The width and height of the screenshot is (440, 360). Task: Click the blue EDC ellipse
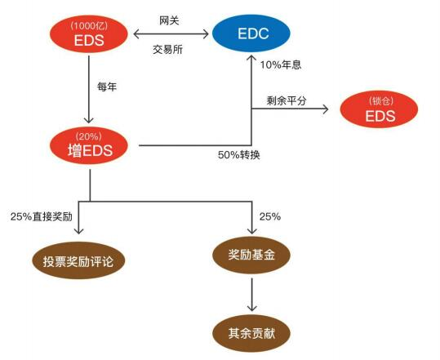point(251,33)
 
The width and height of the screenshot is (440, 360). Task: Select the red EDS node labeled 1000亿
point(89,34)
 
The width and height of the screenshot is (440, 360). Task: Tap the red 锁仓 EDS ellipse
point(379,109)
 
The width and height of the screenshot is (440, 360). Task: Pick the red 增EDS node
point(89,145)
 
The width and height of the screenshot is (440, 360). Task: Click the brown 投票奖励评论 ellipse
point(78,260)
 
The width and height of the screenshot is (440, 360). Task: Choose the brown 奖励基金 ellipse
point(251,255)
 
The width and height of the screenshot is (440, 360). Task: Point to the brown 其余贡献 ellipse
point(251,333)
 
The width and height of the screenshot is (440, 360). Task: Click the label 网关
point(169,20)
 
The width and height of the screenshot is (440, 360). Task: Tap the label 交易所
point(168,50)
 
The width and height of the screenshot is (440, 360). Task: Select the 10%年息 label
point(281,65)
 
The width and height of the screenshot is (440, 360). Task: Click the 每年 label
point(107,87)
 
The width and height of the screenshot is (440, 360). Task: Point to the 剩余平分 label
point(287,100)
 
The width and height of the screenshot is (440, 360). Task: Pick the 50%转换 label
point(239,155)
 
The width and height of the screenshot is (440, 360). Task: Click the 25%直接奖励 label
point(42,216)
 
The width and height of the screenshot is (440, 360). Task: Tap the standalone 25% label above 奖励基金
point(270,216)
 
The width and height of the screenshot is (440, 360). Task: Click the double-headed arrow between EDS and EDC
point(171,34)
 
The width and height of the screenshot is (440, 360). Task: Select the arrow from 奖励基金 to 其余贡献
point(251,295)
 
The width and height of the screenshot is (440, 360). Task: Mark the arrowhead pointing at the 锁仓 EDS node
point(326,109)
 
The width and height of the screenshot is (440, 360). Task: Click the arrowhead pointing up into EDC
point(251,58)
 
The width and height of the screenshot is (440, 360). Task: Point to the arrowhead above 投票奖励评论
point(79,230)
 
